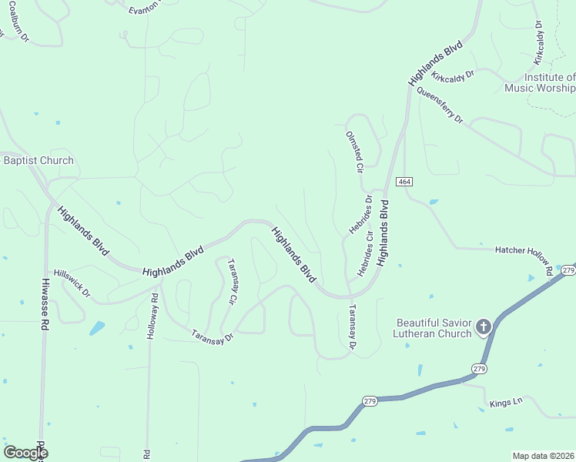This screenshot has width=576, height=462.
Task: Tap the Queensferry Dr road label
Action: [440, 105]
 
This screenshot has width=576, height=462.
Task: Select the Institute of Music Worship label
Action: [540, 82]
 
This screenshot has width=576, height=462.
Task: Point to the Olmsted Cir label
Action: [353, 150]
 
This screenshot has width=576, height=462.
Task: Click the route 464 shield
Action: [405, 181]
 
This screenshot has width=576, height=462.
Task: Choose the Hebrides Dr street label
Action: [360, 214]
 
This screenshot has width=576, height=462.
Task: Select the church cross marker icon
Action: [484, 327]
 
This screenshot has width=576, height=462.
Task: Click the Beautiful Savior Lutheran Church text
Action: [433, 328]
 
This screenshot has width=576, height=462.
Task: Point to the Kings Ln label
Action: [505, 402]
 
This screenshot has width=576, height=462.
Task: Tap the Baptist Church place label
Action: [39, 160]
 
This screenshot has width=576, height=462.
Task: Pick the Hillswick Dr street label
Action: [72, 283]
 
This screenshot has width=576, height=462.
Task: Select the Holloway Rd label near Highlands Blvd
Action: [155, 306]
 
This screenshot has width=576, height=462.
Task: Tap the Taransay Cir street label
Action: [230, 283]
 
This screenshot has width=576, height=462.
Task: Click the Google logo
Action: [25, 453]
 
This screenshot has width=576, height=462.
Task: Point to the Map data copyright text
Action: [543, 456]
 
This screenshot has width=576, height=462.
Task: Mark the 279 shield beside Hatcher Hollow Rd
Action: [568, 270]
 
